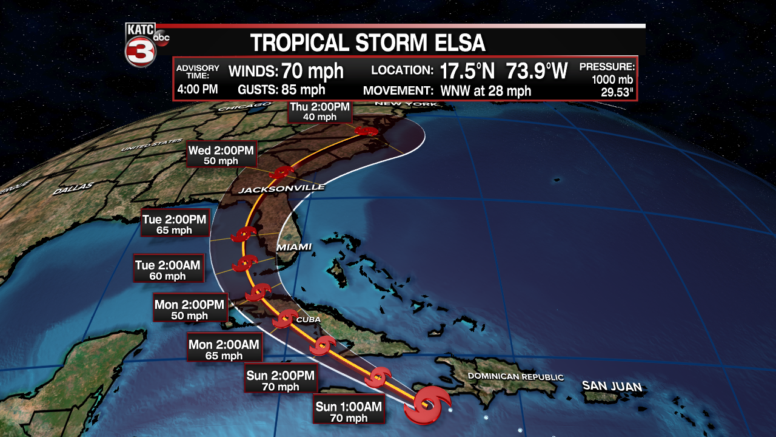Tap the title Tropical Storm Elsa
pyautogui.click(x=368, y=43)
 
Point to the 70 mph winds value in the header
pyautogui.click(x=312, y=71)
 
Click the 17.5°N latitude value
pyautogui.click(x=467, y=71)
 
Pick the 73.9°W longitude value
pyautogui.click(x=537, y=71)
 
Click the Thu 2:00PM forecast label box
pyautogui.click(x=319, y=112)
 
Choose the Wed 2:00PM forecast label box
pyautogui.click(x=221, y=155)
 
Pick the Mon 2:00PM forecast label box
pyautogui.click(x=189, y=310)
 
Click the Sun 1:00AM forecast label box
pyautogui.click(x=349, y=412)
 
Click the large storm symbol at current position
pyautogui.click(x=427, y=405)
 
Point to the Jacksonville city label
pyautogui.click(x=281, y=189)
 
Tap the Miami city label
pyautogui.click(x=293, y=247)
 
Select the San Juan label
pyautogui.click(x=611, y=385)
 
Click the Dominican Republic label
pyautogui.click(x=515, y=377)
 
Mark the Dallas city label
pyautogui.click(x=73, y=189)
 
